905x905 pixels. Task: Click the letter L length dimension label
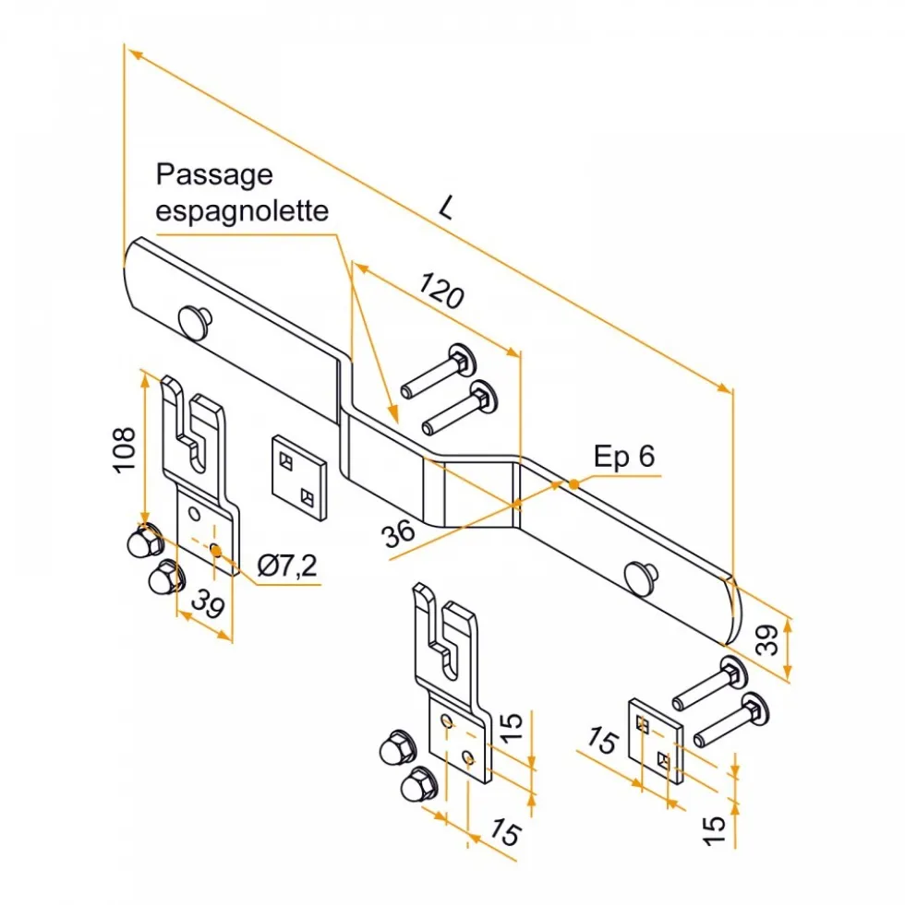[445, 208]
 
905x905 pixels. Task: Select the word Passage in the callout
[214, 175]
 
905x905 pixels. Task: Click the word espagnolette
[242, 210]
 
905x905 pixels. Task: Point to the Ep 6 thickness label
[624, 456]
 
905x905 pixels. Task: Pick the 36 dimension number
[398, 533]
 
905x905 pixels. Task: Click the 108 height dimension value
[126, 450]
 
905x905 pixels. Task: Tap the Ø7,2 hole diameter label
[287, 566]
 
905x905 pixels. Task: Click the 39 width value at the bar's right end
[768, 639]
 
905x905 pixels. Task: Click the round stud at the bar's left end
[196, 321]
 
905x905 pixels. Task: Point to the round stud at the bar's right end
[641, 578]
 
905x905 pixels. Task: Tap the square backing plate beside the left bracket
[299, 477]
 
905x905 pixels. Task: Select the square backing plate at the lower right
[656, 741]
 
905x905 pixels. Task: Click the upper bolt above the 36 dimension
[439, 369]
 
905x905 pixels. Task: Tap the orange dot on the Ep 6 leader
[573, 484]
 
